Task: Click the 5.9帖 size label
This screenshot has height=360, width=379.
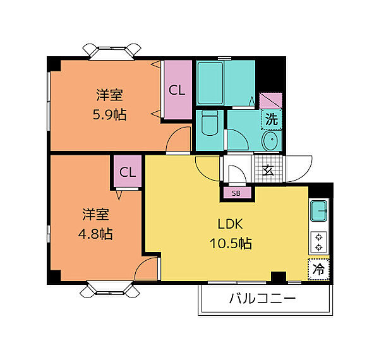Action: point(109,114)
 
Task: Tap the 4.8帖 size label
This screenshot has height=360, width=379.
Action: point(95,234)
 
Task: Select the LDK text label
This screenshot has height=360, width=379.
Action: point(230,224)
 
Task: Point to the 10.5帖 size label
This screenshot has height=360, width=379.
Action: point(231,243)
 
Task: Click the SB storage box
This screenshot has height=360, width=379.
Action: point(237,193)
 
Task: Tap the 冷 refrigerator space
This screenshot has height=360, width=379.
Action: point(318,270)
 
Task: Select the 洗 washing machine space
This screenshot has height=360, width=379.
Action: point(272,119)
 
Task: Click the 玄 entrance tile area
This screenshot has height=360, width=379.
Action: point(268,169)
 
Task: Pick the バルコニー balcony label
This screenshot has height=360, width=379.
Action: point(262,299)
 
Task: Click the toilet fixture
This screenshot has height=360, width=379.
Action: point(210,123)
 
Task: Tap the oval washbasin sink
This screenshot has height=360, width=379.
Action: point(272,140)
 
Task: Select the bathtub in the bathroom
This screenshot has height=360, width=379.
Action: point(210,83)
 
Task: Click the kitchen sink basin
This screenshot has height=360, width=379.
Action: point(319,211)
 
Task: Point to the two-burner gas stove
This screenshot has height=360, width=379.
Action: point(319,243)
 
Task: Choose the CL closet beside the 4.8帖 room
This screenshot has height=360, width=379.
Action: point(128,171)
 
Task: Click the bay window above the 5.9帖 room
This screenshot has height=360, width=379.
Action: point(112,51)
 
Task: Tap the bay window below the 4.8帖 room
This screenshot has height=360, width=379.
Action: point(110,289)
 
